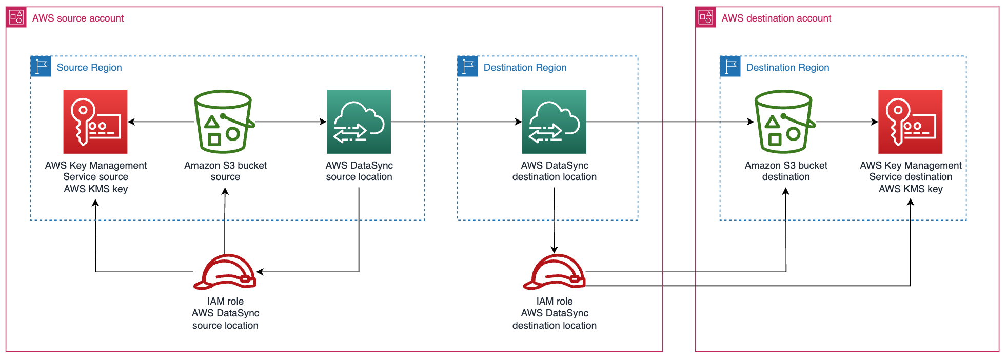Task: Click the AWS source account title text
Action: click(x=77, y=18)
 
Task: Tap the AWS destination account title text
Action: click(x=776, y=18)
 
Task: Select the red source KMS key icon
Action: click(x=95, y=122)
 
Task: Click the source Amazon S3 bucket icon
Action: click(x=224, y=122)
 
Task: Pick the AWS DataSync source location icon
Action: click(x=359, y=122)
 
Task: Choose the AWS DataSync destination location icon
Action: click(x=554, y=122)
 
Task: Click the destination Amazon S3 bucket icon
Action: click(x=784, y=122)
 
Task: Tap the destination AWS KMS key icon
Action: click(x=910, y=122)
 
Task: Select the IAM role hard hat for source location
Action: click(x=225, y=272)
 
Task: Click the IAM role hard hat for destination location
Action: click(x=554, y=272)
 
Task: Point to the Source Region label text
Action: click(x=89, y=68)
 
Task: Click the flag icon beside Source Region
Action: click(x=41, y=67)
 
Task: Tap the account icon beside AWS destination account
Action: click(x=705, y=17)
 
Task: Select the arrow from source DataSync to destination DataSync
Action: click(x=457, y=122)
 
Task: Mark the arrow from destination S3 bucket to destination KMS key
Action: click(x=846, y=122)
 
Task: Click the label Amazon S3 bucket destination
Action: click(x=785, y=171)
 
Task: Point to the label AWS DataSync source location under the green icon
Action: click(x=359, y=171)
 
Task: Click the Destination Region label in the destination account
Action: click(x=787, y=68)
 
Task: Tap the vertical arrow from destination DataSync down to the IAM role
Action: click(x=554, y=221)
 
